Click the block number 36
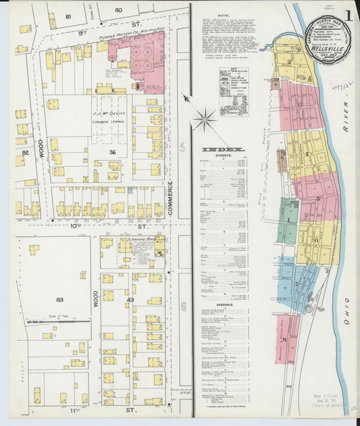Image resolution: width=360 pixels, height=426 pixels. [x=112, y=153]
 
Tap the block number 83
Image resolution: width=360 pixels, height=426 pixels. [x=60, y=300]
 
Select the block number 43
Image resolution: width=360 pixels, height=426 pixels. [x=130, y=300]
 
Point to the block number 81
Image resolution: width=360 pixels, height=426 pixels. [x=68, y=16]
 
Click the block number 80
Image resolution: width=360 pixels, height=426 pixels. [x=119, y=10]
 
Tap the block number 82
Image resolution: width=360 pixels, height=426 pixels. [x=26, y=154]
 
